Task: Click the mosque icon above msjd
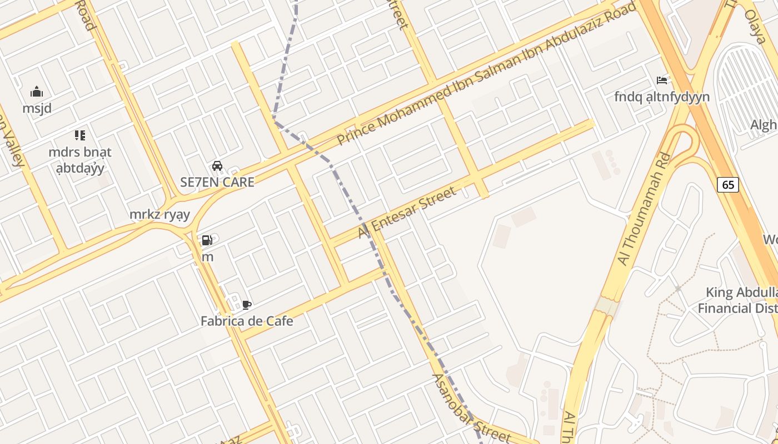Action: click(x=37, y=92)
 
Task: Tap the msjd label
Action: click(x=37, y=108)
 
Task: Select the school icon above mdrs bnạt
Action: click(x=80, y=135)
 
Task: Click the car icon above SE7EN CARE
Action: click(x=217, y=165)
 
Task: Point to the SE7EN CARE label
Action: click(x=217, y=182)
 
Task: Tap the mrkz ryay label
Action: click(x=159, y=214)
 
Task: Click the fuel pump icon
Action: click(x=207, y=240)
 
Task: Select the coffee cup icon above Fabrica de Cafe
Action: click(x=247, y=305)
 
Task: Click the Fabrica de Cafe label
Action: click(x=247, y=321)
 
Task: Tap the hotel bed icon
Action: click(x=661, y=80)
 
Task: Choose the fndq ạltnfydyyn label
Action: click(x=662, y=97)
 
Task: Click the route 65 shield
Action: click(x=728, y=185)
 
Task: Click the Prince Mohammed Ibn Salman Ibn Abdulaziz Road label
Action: click(x=486, y=75)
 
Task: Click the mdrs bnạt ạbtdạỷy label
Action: click(x=80, y=160)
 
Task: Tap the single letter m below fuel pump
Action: click(x=207, y=257)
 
